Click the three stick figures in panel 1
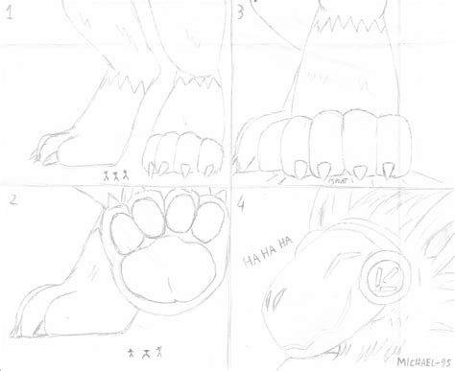click(115, 176)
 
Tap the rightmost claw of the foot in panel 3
click(390, 170)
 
